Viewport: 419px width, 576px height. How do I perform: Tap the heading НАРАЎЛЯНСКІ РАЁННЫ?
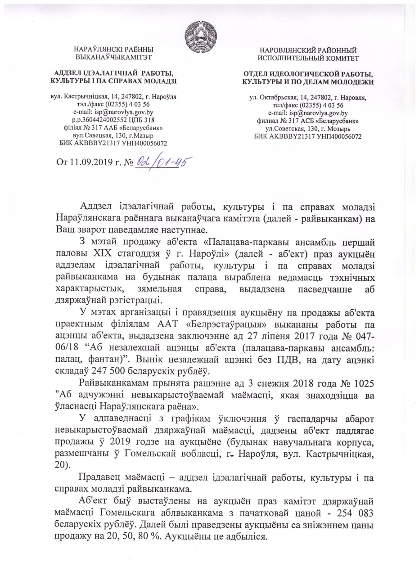[x=113, y=49]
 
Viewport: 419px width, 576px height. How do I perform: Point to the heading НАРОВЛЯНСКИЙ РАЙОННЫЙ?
[x=308, y=50]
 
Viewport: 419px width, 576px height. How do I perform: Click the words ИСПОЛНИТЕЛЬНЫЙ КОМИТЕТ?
[x=308, y=58]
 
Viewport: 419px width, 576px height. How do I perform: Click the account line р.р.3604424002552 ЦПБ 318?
[x=113, y=120]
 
